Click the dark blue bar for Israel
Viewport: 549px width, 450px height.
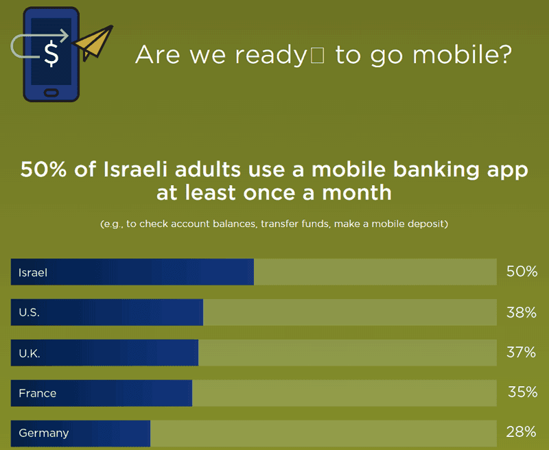point(132,272)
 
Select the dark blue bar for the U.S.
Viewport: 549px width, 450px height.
point(107,312)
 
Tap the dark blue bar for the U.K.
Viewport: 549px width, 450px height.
point(104,353)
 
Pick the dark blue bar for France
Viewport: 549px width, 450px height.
point(102,393)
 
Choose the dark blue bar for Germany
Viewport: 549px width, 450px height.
point(80,434)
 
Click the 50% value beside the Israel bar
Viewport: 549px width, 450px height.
point(522,272)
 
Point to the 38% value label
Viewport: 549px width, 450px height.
point(522,312)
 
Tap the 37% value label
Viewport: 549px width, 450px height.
point(521,353)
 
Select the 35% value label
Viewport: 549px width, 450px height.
point(522,392)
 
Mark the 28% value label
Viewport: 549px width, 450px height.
point(521,432)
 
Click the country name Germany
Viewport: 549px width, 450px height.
point(44,434)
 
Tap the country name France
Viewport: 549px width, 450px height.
point(38,393)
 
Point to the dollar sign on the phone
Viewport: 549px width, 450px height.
point(51,54)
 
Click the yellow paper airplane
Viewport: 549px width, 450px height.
point(93,43)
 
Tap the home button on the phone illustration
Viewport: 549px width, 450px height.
point(51,93)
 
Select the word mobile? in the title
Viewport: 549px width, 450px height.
point(462,55)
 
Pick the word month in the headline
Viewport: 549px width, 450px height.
point(356,193)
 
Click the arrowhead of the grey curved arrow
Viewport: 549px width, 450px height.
point(63,36)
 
